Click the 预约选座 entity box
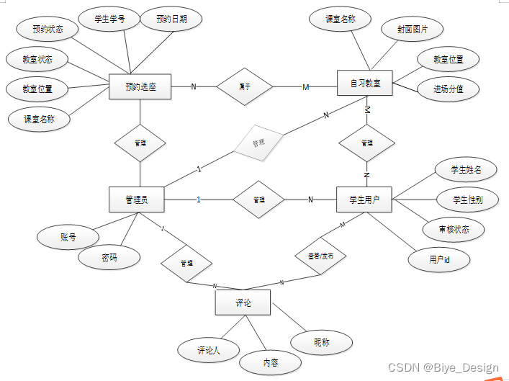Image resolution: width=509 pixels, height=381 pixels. coord(140,87)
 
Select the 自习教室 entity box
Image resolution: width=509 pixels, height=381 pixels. coord(365,84)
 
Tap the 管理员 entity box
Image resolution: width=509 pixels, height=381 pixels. coord(136,200)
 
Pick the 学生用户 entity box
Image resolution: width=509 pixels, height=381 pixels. coord(364,200)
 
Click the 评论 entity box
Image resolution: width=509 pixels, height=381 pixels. coord(243,302)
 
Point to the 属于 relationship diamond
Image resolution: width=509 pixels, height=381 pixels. coord(245,87)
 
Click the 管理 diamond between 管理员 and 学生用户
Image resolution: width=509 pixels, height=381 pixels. coord(258,200)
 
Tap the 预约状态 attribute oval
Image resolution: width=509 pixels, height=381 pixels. coord(48,30)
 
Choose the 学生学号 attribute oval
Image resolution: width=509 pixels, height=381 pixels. coord(109,19)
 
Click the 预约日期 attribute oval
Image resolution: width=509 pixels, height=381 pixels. coord(172,19)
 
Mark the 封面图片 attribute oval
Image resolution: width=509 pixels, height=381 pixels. coord(412,30)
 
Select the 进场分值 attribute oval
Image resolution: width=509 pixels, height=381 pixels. coord(448,89)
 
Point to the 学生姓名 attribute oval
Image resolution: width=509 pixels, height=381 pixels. coord(466,170)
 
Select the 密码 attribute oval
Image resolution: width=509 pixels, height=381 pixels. coord(109,257)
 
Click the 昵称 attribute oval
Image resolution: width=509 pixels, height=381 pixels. coord(322,343)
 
